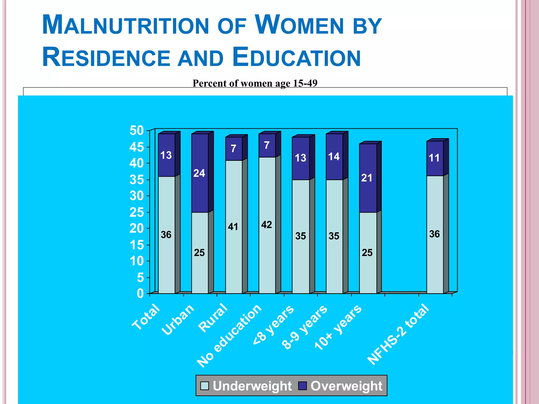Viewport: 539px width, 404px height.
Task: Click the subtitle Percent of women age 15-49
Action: [x=255, y=83]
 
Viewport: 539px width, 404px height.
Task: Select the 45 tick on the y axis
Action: [x=137, y=147]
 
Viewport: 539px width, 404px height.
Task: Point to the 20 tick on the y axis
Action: [x=137, y=229]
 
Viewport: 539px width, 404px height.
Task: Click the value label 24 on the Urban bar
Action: [x=199, y=173]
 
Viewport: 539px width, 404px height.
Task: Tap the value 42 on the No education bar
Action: [x=266, y=225]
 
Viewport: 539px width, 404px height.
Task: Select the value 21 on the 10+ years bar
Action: [x=367, y=178]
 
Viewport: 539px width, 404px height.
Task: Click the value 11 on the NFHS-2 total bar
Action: [x=434, y=158]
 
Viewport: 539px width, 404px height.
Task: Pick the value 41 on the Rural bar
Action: [x=233, y=227]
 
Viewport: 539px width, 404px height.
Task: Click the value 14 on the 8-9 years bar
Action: [x=334, y=157]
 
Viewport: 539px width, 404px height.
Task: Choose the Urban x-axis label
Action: [x=178, y=320]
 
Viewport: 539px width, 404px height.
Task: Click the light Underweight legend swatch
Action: [x=204, y=386]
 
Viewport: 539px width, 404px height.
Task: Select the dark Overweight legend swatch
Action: [x=303, y=386]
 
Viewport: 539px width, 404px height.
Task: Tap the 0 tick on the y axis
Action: [x=140, y=294]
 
